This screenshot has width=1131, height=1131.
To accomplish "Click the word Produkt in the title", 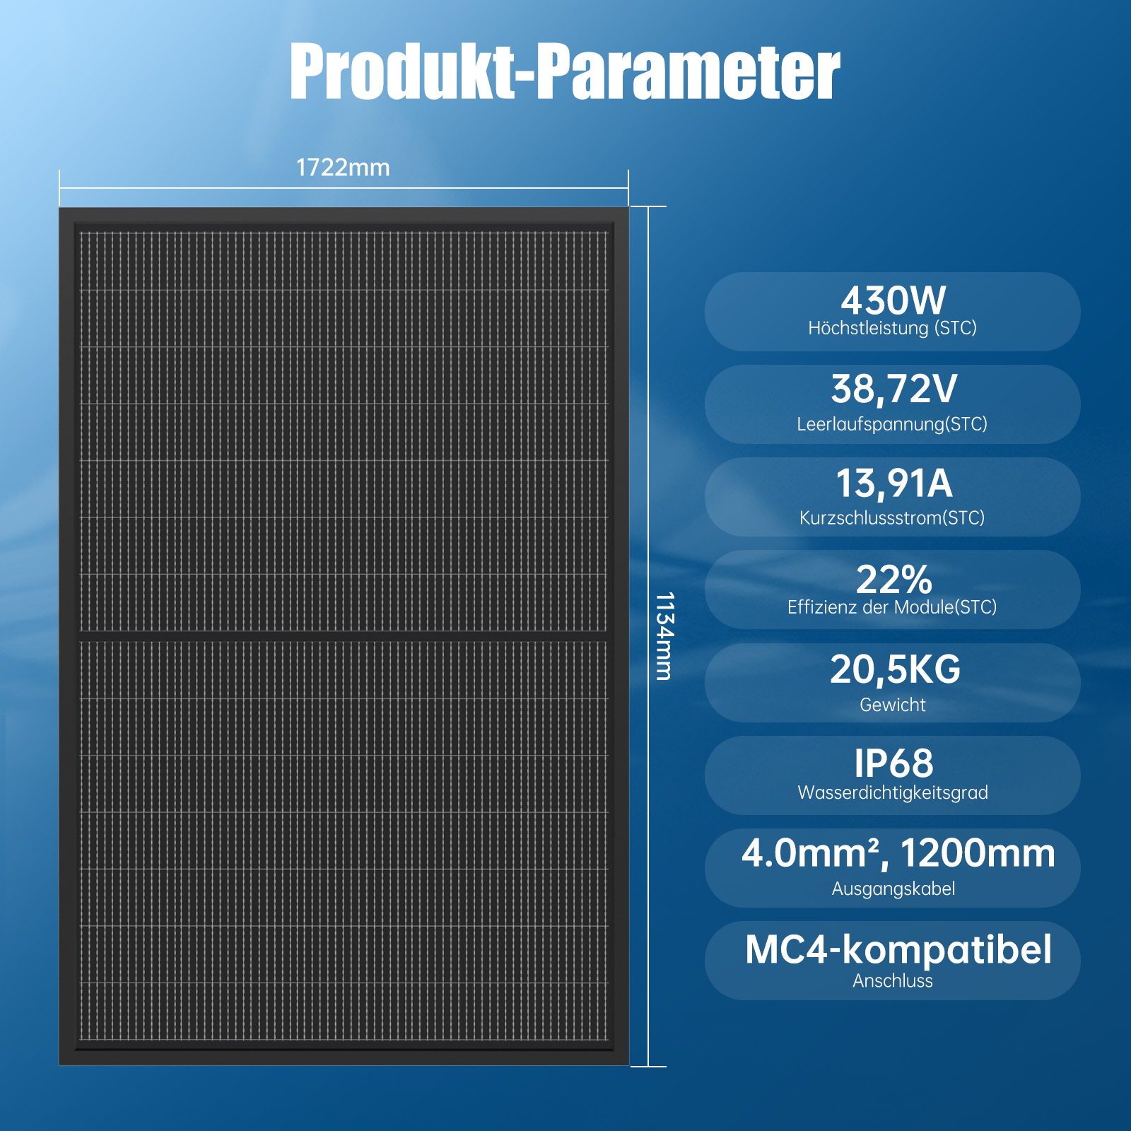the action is tap(402, 71).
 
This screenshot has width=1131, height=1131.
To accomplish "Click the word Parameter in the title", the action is tap(688, 71).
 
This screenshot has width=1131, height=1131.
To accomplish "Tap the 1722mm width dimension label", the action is tap(343, 168).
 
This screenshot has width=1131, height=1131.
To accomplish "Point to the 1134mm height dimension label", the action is tap(664, 636).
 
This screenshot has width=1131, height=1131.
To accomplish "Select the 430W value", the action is tap(893, 300).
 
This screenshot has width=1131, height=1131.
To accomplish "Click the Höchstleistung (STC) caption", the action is tap(893, 328).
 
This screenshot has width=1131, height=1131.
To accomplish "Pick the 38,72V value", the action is tap(893, 389).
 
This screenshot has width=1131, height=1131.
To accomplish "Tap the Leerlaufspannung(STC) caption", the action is tap(892, 424).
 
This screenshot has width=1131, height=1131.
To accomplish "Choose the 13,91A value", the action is tap(894, 484).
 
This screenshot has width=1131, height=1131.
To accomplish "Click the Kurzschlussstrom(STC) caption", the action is tap(892, 517).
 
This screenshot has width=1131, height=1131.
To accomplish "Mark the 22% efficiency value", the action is tap(894, 580).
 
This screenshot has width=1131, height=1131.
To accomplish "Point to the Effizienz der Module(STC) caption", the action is tap(892, 607).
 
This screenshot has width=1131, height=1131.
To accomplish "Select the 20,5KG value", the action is tap(895, 669).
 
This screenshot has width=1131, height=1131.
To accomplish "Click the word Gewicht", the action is tap(893, 705).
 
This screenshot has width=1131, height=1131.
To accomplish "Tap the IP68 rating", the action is tap(893, 764).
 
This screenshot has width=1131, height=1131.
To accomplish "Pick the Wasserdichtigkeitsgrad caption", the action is tap(893, 792).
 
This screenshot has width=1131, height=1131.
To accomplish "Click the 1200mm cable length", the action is tap(978, 853).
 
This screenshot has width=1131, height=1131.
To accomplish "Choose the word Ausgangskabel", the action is tap(893, 889).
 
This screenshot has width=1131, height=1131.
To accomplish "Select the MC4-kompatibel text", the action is tap(898, 950).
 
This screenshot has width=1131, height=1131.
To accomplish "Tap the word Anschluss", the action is tap(893, 981).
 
